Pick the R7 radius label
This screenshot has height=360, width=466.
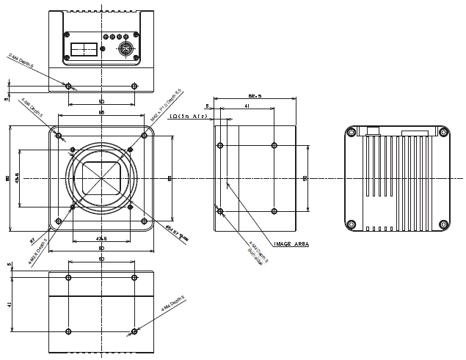click(33, 239)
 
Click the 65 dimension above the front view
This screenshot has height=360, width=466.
click(101, 111)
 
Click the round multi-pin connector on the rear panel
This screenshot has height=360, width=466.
click(126, 51)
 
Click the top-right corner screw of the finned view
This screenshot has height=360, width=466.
click(443, 133)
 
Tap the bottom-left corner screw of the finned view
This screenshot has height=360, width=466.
click(351, 224)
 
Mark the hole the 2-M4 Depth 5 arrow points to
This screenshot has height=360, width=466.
click(68, 86)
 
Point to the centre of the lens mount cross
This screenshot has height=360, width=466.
click(101, 178)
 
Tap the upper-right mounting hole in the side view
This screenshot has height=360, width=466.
click(274, 144)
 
